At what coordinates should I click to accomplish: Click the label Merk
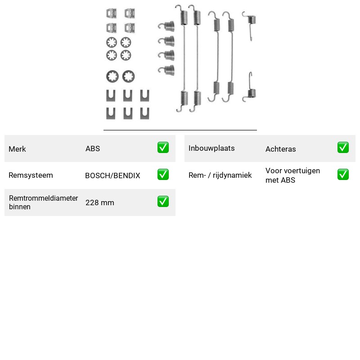tap(17, 149)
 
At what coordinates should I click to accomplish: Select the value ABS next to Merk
tap(93, 148)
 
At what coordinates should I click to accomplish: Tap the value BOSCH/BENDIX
tap(112, 175)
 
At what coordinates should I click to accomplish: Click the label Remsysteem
tap(31, 175)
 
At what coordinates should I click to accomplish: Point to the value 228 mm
tap(100, 203)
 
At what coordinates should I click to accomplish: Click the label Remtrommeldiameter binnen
tap(43, 202)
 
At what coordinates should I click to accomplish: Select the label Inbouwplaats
tap(211, 148)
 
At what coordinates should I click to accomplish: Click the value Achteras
tap(280, 149)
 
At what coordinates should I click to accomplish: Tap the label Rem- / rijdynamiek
tap(220, 175)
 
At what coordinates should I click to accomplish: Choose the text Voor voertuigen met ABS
tap(293, 175)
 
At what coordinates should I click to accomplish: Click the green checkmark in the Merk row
tap(163, 148)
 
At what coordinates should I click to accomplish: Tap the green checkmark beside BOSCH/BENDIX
tap(163, 175)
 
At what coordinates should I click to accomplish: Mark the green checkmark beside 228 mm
tap(163, 201)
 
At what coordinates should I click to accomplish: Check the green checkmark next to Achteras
tap(343, 148)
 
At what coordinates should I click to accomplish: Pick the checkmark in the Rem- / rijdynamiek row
tap(343, 175)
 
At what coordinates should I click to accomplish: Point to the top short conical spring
tap(166, 27)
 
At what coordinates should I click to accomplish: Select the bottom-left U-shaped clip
tap(111, 113)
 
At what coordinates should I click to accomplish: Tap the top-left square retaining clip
tap(111, 13)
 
